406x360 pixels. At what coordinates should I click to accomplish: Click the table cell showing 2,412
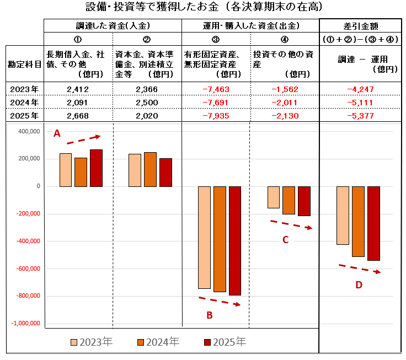(78, 89)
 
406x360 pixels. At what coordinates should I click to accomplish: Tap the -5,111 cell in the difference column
(360, 103)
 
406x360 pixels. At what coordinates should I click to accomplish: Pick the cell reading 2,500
(147, 103)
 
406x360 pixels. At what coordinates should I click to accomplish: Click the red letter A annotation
(56, 133)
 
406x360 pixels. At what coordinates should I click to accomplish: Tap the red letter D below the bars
(359, 284)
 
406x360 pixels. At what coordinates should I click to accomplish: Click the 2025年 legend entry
(226, 342)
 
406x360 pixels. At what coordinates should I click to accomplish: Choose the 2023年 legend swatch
(74, 342)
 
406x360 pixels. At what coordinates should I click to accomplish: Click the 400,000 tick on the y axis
(29, 132)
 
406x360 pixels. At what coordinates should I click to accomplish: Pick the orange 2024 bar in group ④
(289, 200)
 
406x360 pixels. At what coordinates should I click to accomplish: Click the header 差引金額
(360, 26)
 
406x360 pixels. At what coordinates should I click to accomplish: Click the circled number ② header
(147, 39)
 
